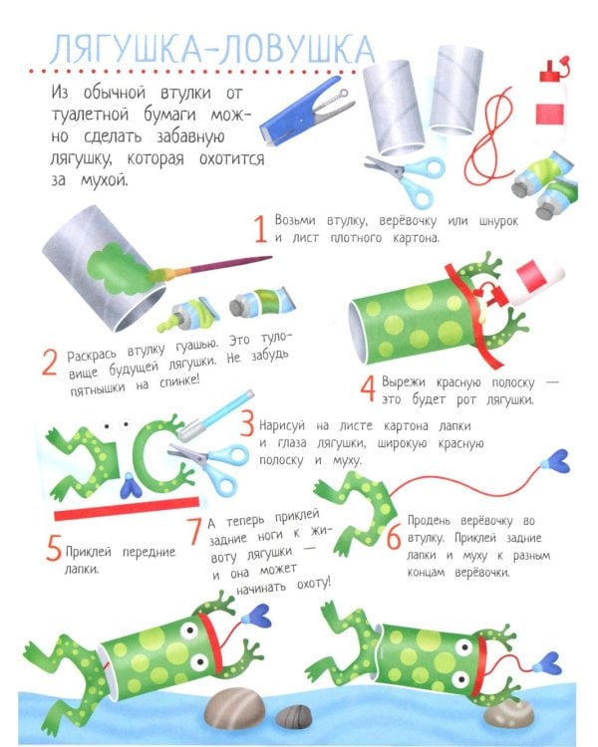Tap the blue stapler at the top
(305, 112)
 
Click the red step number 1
(260, 229)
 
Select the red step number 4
(368, 388)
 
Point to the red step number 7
(194, 531)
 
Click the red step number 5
(54, 548)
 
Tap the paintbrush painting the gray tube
(209, 268)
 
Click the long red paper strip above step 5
(127, 508)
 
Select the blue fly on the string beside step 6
(556, 461)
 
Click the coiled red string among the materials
(487, 137)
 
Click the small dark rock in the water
(294, 716)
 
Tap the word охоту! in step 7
(313, 584)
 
